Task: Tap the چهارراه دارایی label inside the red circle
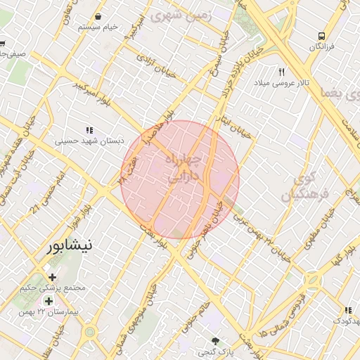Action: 184,169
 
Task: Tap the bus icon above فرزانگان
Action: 321,36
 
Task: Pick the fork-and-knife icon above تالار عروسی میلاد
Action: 282,72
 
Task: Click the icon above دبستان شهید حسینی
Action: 89,130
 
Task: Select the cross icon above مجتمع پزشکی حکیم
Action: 53,277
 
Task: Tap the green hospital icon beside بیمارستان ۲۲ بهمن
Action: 49,300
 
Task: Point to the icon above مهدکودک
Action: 347,310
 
